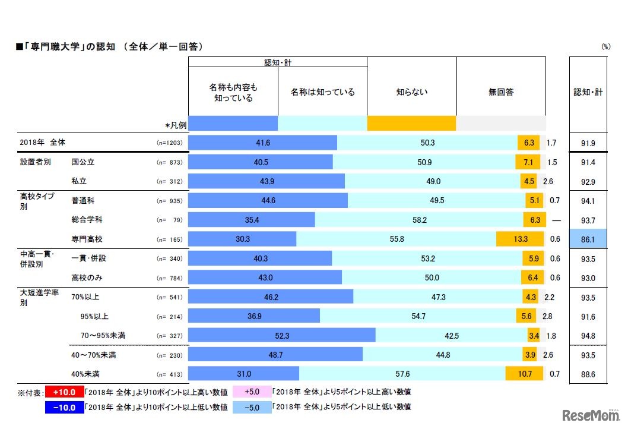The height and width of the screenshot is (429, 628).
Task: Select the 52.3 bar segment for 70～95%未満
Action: click(x=282, y=336)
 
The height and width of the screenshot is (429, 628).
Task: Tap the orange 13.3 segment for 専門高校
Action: click(x=519, y=239)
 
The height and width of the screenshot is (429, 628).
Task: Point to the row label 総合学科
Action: click(x=87, y=219)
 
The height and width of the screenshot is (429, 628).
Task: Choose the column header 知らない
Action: click(x=411, y=92)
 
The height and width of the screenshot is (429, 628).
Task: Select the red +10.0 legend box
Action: click(x=63, y=392)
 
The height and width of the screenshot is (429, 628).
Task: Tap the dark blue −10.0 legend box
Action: click(x=63, y=407)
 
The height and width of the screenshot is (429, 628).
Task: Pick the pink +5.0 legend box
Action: click(x=252, y=392)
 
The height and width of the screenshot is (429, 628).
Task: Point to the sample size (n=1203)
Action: click(x=169, y=143)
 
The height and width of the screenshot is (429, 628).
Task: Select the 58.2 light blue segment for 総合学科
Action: click(x=419, y=219)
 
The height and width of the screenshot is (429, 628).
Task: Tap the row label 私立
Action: click(x=80, y=181)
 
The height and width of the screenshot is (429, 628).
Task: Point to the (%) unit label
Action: click(x=605, y=46)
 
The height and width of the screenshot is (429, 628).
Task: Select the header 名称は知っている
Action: click(x=322, y=92)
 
